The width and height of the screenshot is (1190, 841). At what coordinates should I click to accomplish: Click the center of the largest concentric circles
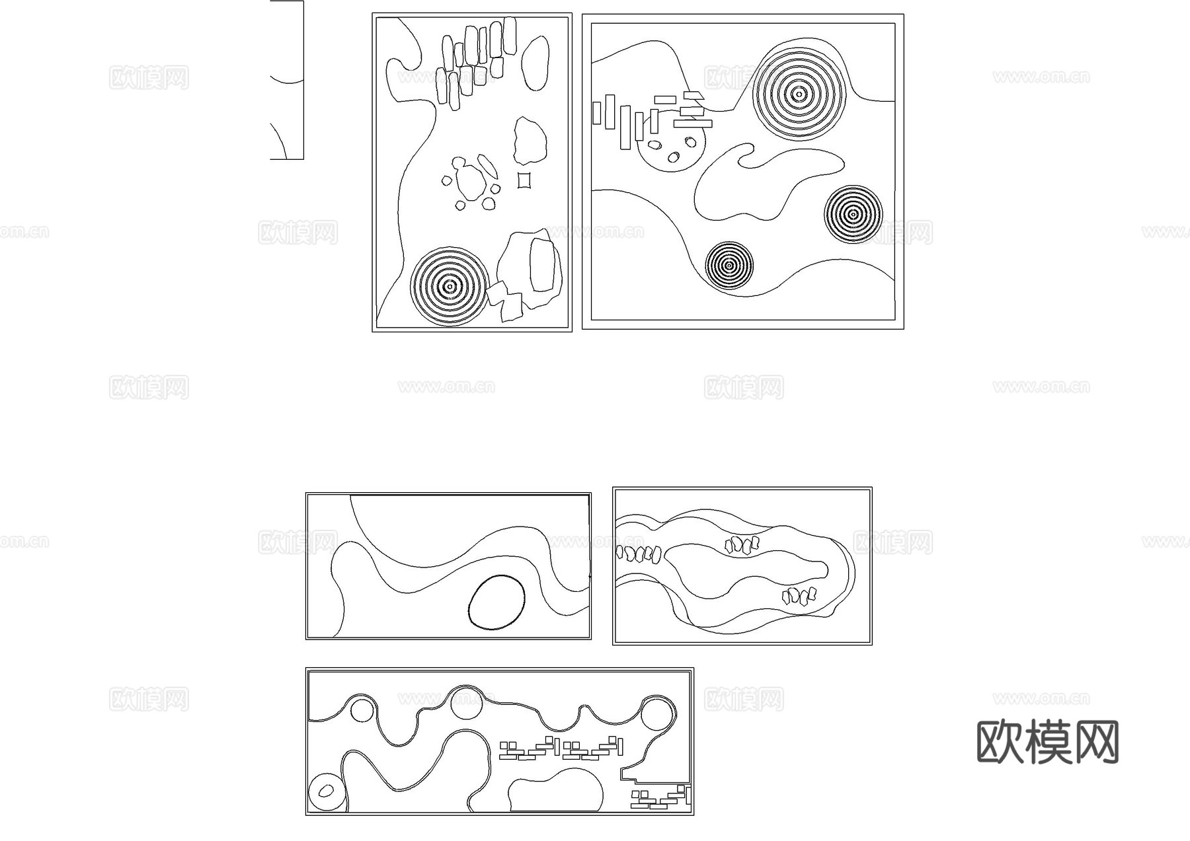tap(799, 94)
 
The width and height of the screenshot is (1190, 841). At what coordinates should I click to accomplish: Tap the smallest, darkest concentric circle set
tap(729, 265)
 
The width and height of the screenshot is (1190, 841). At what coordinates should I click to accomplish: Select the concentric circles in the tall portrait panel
tap(450, 286)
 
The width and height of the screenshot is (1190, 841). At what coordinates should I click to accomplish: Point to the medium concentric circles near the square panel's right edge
tap(853, 214)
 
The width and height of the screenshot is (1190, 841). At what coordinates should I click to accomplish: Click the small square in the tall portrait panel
tap(524, 180)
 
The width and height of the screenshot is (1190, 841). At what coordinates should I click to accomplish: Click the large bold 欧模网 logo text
tap(1047, 742)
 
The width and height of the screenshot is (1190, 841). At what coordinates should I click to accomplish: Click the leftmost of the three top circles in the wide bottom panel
tap(362, 711)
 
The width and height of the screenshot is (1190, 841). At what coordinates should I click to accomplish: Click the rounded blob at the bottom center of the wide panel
tap(555, 790)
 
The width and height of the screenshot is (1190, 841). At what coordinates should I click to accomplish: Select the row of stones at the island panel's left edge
tap(639, 553)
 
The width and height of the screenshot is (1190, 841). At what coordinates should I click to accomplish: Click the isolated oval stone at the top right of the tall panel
tap(535, 61)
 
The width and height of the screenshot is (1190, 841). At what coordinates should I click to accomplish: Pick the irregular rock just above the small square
tap(530, 141)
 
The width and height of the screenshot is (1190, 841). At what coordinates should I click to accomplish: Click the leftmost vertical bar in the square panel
tap(596, 112)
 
